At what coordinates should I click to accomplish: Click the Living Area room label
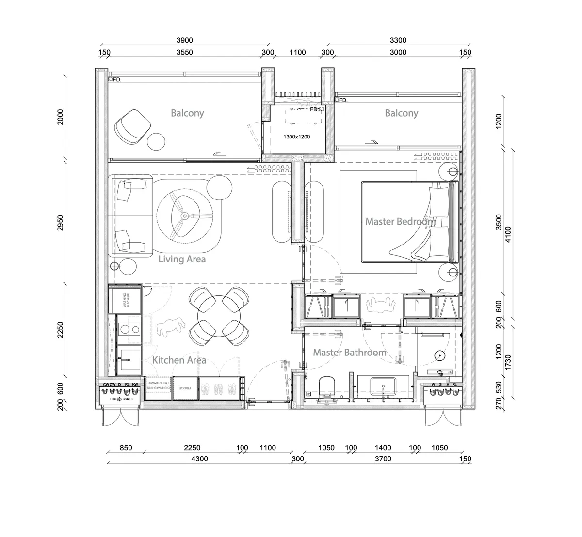(x=182, y=259)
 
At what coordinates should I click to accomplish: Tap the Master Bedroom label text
(x=400, y=221)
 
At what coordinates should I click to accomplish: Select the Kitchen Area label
(x=179, y=360)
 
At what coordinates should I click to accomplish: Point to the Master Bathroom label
(x=349, y=352)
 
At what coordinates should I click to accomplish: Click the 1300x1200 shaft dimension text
(x=296, y=137)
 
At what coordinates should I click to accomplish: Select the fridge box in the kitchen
(x=185, y=388)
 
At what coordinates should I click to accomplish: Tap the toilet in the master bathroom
(x=328, y=388)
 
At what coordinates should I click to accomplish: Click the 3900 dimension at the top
(x=185, y=41)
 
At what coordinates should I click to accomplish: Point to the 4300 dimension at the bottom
(x=199, y=459)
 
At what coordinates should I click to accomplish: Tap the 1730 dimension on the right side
(x=508, y=362)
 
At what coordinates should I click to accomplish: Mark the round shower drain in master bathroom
(x=440, y=355)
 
